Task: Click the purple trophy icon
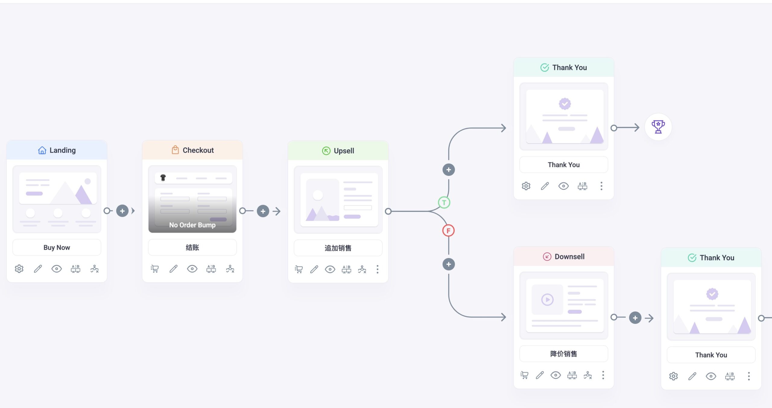(658, 127)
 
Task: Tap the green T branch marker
(444, 202)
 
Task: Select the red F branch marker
(448, 231)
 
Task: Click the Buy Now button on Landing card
(57, 247)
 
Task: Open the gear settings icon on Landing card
(19, 269)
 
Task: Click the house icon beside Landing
(42, 150)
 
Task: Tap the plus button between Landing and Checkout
(122, 211)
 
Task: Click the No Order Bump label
(192, 225)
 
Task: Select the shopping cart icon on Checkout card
(155, 269)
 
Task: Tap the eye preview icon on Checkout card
(192, 269)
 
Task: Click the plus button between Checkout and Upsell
(263, 211)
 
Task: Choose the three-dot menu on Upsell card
(377, 269)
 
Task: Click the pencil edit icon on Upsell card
(314, 269)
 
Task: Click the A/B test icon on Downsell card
(572, 375)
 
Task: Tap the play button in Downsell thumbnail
(547, 300)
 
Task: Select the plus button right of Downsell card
(635, 318)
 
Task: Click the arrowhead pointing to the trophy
(636, 128)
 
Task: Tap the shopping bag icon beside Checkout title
(175, 150)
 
